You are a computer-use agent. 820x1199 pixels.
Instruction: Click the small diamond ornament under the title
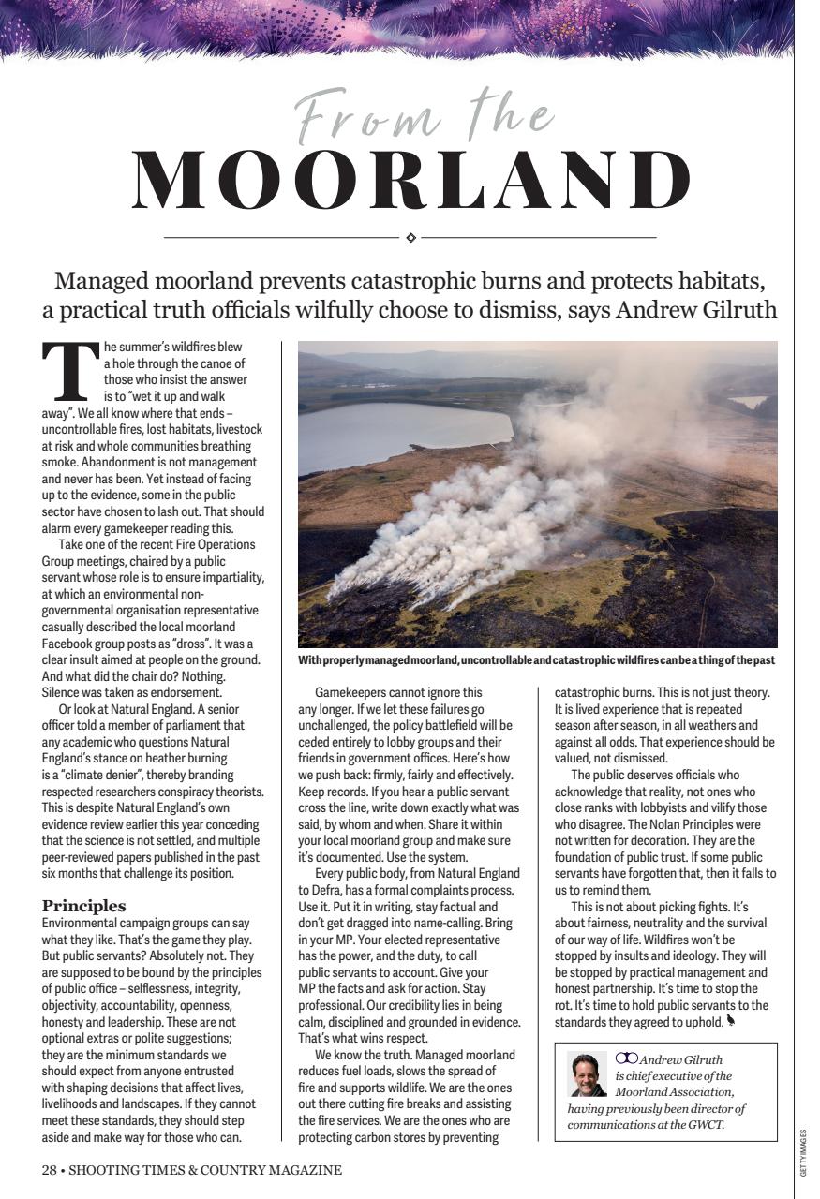(410, 238)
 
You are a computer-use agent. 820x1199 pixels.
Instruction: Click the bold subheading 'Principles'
(83, 905)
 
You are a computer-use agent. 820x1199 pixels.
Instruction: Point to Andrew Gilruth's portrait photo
(588, 1074)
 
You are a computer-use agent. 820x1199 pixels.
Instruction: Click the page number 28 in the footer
(49, 1170)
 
